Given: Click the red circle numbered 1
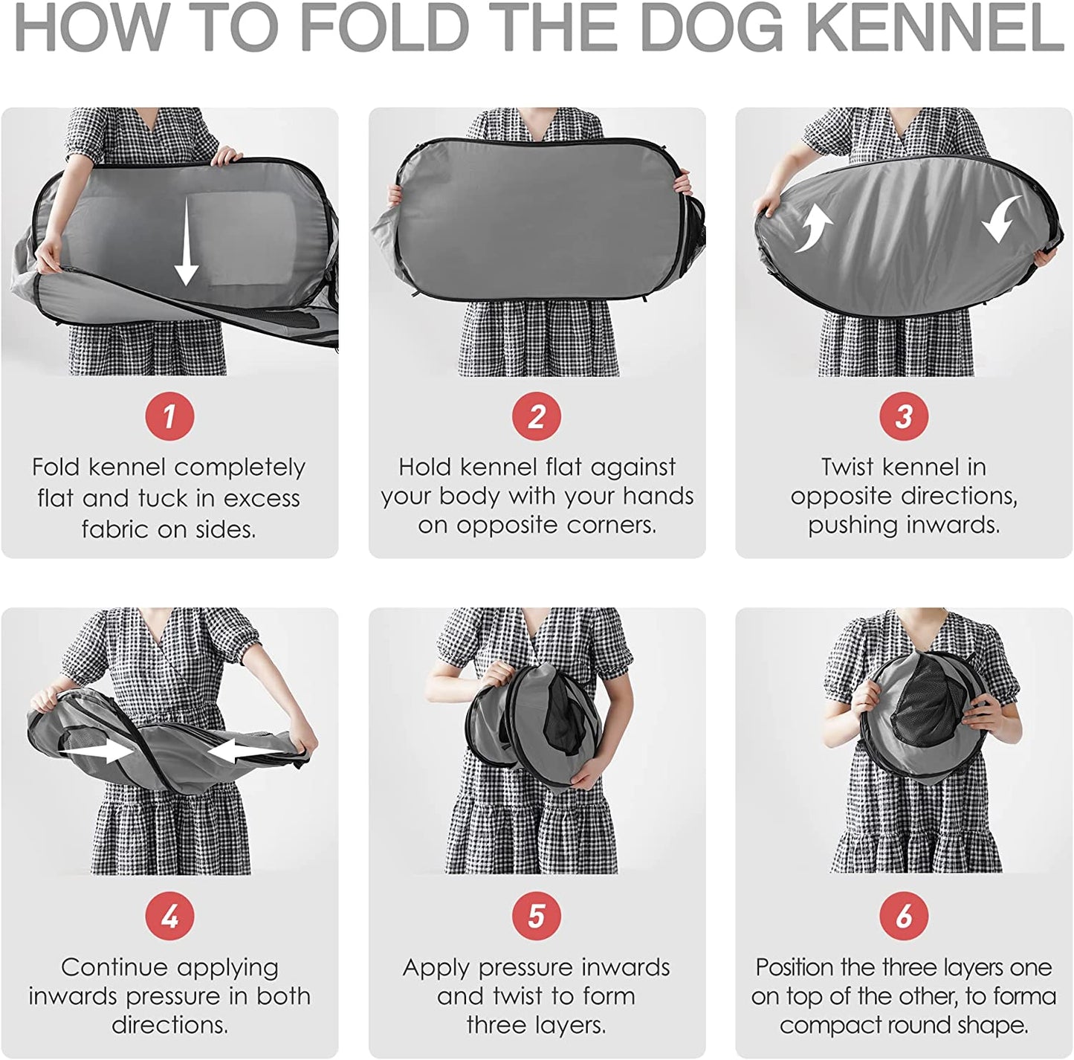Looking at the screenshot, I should click(169, 416).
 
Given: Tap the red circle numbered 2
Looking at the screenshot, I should click(537, 416).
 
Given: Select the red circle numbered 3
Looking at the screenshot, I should click(904, 416).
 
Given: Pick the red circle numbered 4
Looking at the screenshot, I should click(169, 917).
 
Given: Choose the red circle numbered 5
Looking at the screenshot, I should click(537, 917).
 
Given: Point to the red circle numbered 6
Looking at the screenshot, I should click(904, 917).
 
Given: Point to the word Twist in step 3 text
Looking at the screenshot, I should click(847, 467).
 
